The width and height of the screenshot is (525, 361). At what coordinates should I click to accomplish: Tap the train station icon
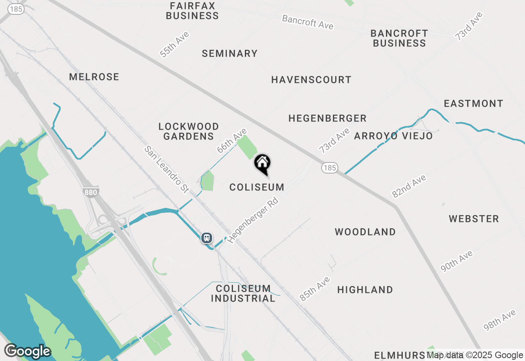click(207, 238)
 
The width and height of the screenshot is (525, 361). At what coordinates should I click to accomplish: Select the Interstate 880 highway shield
click(90, 192)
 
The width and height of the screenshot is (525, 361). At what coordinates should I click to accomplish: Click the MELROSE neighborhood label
click(94, 77)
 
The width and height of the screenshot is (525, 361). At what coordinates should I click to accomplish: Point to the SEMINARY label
click(230, 53)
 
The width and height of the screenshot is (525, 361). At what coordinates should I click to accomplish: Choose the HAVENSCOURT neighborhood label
click(311, 80)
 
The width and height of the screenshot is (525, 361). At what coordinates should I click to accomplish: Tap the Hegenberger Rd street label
click(253, 220)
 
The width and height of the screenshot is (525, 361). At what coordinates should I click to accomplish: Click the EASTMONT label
click(473, 103)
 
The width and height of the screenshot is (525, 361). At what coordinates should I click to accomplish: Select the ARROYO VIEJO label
click(393, 136)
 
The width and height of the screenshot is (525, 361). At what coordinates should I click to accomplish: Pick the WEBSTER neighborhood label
click(474, 219)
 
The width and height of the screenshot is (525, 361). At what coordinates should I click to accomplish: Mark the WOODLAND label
click(365, 232)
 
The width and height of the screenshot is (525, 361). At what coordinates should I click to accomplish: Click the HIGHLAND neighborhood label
click(365, 290)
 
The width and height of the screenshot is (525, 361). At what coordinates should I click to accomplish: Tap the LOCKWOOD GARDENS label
click(189, 131)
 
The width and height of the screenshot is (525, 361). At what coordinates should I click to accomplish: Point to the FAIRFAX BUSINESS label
click(192, 11)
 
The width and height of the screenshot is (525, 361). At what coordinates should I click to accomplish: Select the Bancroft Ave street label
click(308, 22)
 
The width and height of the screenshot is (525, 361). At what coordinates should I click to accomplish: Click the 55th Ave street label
click(175, 44)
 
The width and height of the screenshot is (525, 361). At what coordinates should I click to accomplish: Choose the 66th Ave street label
click(232, 141)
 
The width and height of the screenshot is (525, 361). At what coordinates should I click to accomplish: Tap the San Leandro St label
click(166, 169)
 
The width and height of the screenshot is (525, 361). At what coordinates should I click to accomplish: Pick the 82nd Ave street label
click(409, 186)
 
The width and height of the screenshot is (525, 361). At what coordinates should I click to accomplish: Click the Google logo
click(27, 351)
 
